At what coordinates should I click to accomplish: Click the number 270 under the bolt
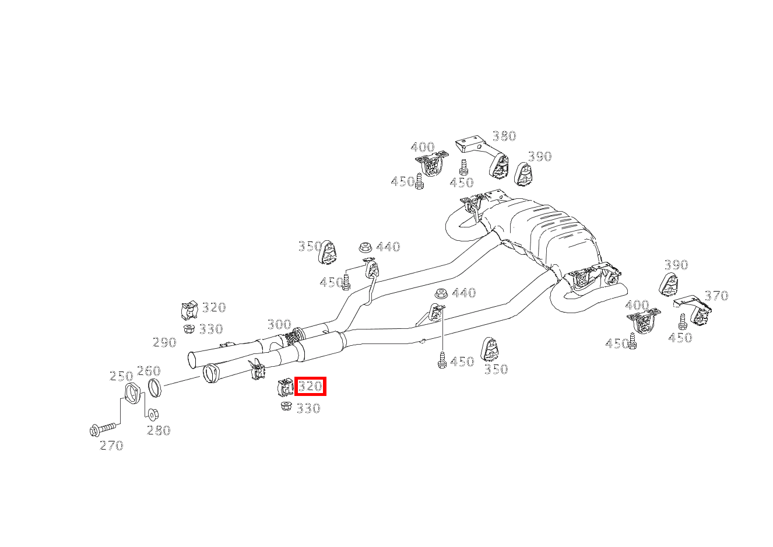click(x=111, y=446)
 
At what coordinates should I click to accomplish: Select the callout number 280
click(x=159, y=430)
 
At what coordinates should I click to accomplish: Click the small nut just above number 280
click(x=152, y=414)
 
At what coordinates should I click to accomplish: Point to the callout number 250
click(x=121, y=376)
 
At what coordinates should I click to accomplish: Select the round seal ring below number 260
click(x=154, y=387)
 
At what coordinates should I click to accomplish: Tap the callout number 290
click(x=164, y=342)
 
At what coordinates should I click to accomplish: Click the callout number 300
click(x=279, y=324)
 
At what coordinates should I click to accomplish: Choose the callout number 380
click(x=504, y=136)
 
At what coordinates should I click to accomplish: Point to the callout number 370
click(x=716, y=296)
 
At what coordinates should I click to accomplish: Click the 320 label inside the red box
click(x=310, y=386)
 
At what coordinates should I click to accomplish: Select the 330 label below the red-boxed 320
click(x=308, y=409)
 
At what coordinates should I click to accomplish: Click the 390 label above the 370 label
click(x=676, y=265)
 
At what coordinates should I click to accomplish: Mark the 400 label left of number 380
click(x=423, y=147)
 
